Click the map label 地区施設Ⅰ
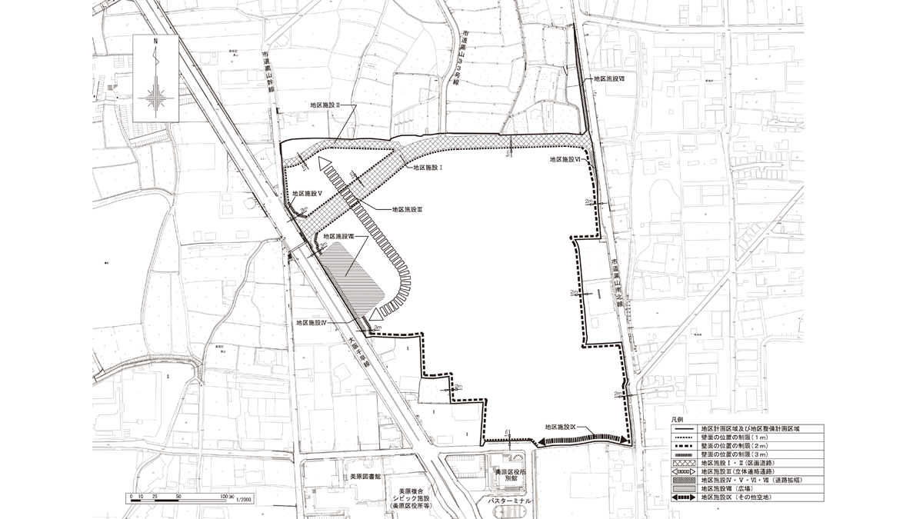(x=432, y=167)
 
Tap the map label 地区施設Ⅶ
(x=614, y=78)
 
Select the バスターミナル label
(x=509, y=500)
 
